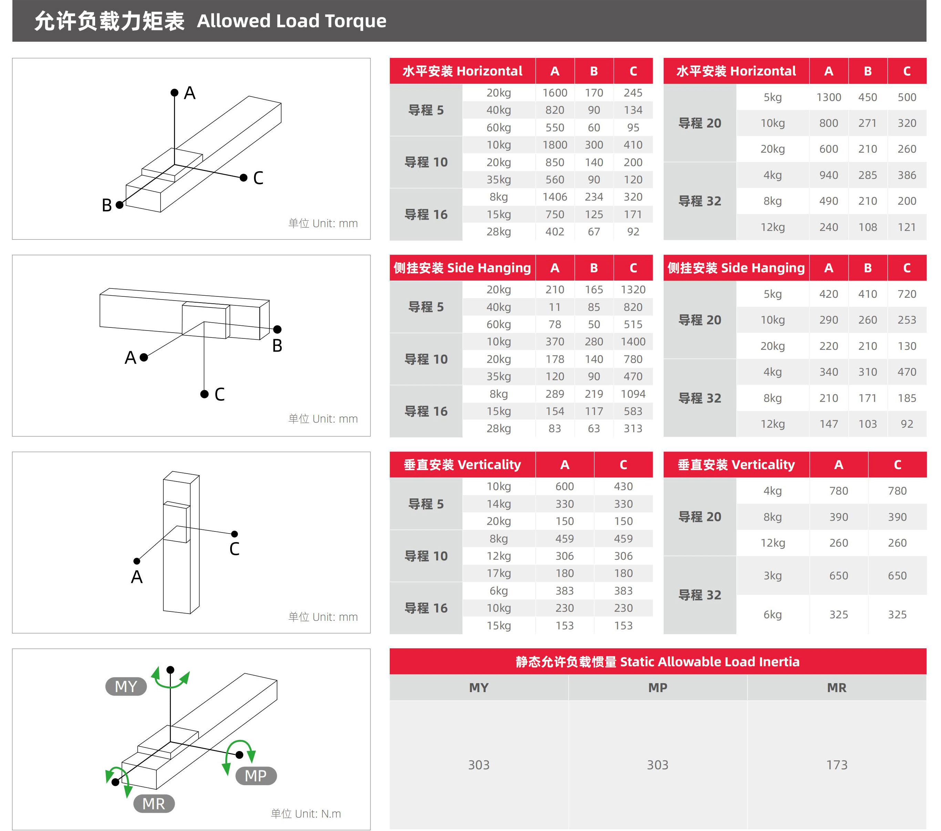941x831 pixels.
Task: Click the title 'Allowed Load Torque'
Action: [291, 21]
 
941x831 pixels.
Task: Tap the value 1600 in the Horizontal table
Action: [554, 93]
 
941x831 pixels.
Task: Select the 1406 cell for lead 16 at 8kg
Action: [554, 197]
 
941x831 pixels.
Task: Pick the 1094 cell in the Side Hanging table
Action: [633, 394]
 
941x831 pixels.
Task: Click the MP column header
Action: [657, 687]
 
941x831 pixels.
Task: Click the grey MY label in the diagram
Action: [126, 686]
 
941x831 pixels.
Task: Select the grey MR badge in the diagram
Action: [154, 803]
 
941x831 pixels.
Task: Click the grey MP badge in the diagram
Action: [256, 776]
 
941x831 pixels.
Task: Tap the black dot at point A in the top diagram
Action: [174, 93]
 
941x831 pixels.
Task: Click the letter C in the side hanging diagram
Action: [219, 394]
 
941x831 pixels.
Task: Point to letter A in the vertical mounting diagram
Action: [137, 577]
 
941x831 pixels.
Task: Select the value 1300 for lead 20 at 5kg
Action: [828, 97]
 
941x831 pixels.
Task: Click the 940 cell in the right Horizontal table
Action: [828, 175]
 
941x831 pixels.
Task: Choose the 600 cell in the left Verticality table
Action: [564, 486]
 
